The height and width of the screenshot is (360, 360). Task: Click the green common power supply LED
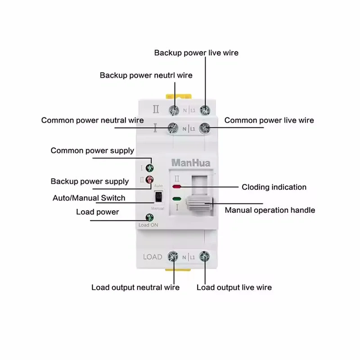tap(149, 168)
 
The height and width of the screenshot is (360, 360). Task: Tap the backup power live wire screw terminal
tap(206, 109)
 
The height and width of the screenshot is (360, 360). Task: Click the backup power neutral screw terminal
tap(173, 109)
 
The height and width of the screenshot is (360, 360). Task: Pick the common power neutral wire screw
tap(173, 128)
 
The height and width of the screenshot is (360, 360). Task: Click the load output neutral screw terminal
tap(173, 257)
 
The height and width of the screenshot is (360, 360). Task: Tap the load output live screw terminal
tap(204, 257)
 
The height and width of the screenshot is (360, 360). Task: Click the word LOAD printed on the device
tap(153, 257)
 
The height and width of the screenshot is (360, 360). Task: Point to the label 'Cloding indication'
tap(274, 187)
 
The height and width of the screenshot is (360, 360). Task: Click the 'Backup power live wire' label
tap(196, 53)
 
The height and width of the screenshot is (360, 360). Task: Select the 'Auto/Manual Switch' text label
tap(89, 198)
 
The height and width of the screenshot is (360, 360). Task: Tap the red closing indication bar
tap(177, 186)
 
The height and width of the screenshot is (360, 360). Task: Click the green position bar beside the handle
tap(177, 198)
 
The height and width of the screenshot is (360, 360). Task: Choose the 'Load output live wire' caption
tap(234, 287)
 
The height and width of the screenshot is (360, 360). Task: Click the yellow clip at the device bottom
tap(173, 271)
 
